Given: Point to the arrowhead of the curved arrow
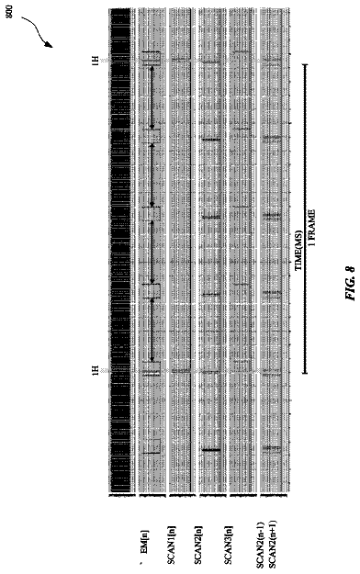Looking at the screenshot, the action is [x=51, y=45].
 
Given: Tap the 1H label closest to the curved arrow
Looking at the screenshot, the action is [x=96, y=61].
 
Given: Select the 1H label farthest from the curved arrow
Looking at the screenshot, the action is [x=96, y=370].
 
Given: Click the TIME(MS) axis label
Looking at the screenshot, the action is [x=298, y=251].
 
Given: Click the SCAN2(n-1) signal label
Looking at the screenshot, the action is [x=261, y=545].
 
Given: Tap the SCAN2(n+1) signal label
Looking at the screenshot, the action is [x=273, y=545].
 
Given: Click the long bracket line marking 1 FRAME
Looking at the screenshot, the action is [x=305, y=219].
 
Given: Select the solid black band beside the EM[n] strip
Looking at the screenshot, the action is [x=119, y=251].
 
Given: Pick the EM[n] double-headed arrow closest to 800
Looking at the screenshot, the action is [x=152, y=97].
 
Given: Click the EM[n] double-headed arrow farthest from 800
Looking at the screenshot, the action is [x=152, y=331].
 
